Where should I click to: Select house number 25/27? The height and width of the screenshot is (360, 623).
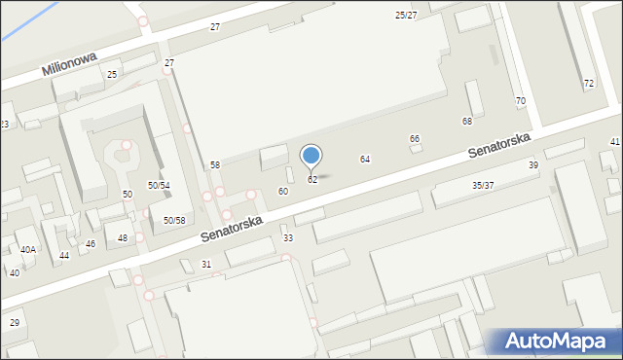pyautogui.click(x=406, y=16)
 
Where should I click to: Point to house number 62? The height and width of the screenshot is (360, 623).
pyautogui.click(x=312, y=180)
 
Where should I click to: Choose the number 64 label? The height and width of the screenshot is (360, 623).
pyautogui.click(x=365, y=159)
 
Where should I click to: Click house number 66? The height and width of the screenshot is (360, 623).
pyautogui.click(x=415, y=139)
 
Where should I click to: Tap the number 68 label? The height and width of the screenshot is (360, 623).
pyautogui.click(x=467, y=121)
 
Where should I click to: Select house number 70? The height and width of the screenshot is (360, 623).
pyautogui.click(x=521, y=101)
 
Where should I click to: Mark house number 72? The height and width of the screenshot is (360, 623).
pyautogui.click(x=589, y=84)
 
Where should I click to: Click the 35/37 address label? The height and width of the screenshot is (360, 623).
pyautogui.click(x=483, y=185)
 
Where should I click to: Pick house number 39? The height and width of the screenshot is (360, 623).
pyautogui.click(x=533, y=165)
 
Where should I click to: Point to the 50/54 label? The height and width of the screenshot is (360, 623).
pyautogui.click(x=159, y=185)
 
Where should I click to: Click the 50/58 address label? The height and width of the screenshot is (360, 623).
pyautogui.click(x=174, y=221)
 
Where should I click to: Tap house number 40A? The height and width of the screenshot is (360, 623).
pyautogui.click(x=28, y=249)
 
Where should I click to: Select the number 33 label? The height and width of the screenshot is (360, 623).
pyautogui.click(x=287, y=238)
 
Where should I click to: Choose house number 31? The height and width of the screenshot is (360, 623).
pyautogui.click(x=206, y=265)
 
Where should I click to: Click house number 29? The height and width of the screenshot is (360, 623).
pyautogui.click(x=14, y=322)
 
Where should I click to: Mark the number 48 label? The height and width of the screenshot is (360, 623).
pyautogui.click(x=123, y=238)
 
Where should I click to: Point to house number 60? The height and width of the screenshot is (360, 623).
pyautogui.click(x=282, y=192)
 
